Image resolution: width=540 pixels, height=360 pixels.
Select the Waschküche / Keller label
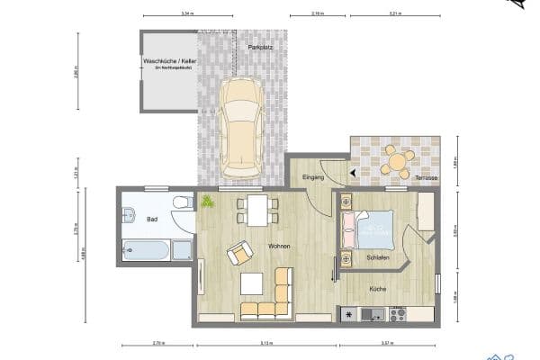tap(169, 61)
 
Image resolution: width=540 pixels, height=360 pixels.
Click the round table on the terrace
tap(396, 162)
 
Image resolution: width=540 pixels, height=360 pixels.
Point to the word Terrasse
tap(426, 178)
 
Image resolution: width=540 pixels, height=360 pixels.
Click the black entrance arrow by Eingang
tap(353, 173)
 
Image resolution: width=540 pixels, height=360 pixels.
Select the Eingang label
tap(312, 176)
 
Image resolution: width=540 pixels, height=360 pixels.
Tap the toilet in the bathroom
tap(183, 203)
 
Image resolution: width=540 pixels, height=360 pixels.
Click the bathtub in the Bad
tap(147, 249)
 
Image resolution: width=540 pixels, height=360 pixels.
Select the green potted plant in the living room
tap(208, 201)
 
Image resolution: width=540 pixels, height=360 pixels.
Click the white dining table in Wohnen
tap(257, 211)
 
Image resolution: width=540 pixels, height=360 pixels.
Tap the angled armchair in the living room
tap(240, 254)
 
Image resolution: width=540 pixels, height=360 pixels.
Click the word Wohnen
tap(278, 246)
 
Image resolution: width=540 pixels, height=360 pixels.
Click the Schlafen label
tap(378, 257)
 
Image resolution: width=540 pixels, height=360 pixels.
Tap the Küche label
tap(377, 289)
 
